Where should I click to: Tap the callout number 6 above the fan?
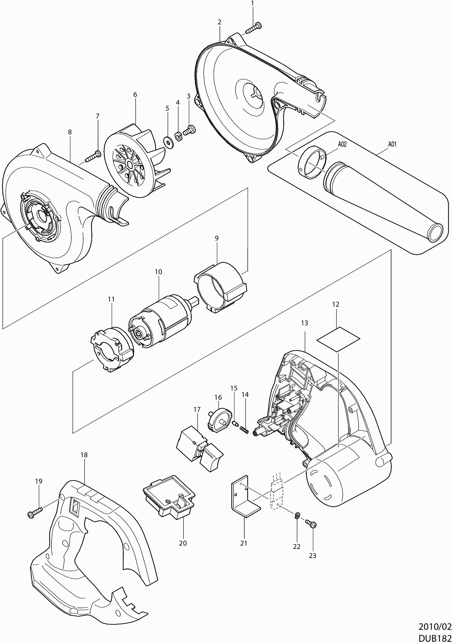tap(135, 95)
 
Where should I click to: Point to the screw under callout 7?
tap(93, 156)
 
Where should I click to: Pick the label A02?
tap(342, 144)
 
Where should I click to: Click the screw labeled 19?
tap(35, 513)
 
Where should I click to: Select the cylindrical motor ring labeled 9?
tap(220, 288)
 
